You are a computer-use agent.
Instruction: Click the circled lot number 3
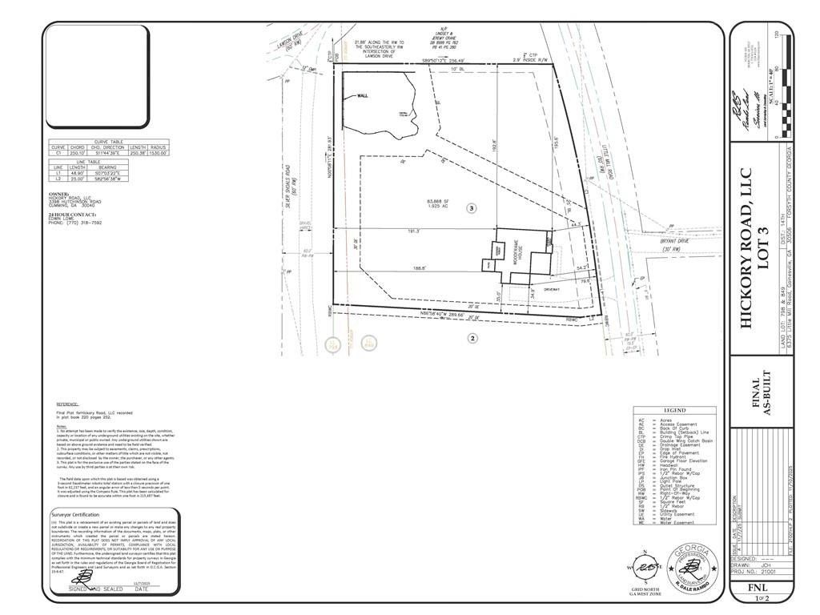(472, 208)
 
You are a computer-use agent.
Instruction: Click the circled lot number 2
(472, 339)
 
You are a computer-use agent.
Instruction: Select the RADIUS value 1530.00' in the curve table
(157, 153)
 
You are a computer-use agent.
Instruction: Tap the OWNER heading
(59, 194)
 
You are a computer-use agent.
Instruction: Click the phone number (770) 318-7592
(77, 223)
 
